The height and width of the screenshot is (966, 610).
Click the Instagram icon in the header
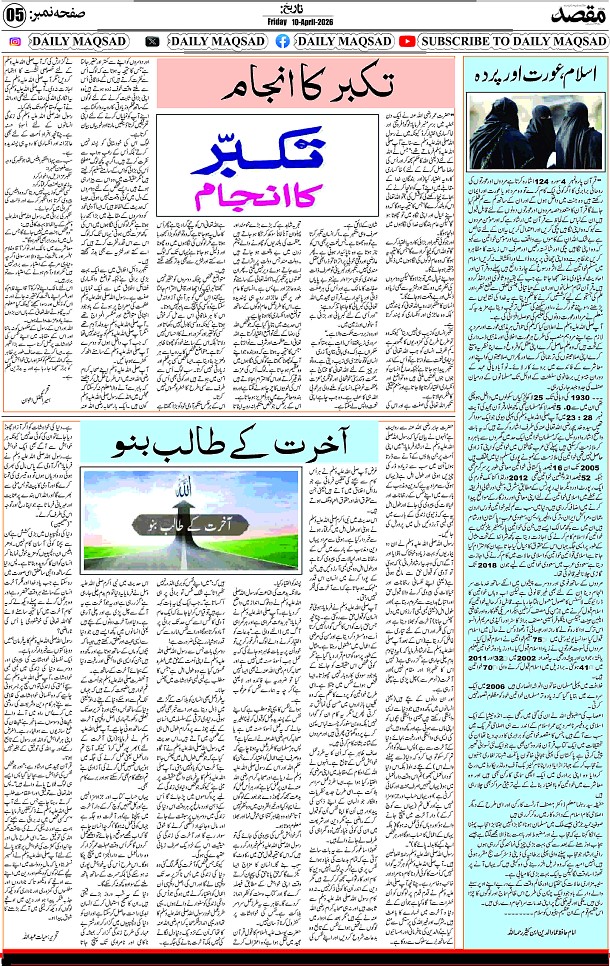pyautogui.click(x=16, y=41)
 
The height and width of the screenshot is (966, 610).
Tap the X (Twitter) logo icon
pyautogui.click(x=151, y=41)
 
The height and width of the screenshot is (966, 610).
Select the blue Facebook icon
pyautogui.click(x=282, y=41)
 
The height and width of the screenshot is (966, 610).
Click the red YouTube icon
pyautogui.click(x=407, y=41)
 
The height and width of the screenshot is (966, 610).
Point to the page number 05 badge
pyautogui.click(x=17, y=12)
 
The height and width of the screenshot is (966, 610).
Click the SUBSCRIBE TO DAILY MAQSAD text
pyautogui.click(x=511, y=41)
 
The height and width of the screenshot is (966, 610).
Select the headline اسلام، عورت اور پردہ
pyautogui.click(x=535, y=77)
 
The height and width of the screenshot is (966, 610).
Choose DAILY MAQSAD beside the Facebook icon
pyautogui.click(x=339, y=41)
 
